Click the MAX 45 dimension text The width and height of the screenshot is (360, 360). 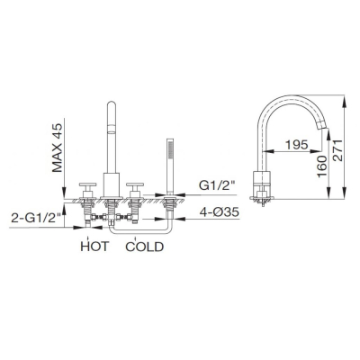click(58, 148)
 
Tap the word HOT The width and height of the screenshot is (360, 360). click(94, 247)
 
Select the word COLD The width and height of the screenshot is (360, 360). click(145, 247)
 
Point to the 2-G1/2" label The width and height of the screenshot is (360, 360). click(36, 218)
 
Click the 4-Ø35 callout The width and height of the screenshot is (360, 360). click(220, 212)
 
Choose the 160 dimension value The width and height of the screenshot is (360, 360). click(322, 166)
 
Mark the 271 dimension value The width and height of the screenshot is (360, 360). click(338, 150)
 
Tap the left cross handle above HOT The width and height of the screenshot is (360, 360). click(87, 185)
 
